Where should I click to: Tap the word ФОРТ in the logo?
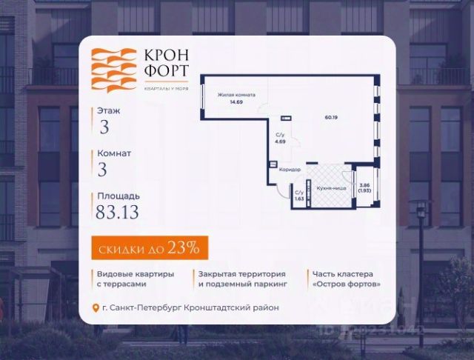[162, 73]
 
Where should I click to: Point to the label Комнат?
[114, 153]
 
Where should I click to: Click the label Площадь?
[117, 196]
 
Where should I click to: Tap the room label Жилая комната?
[236, 96]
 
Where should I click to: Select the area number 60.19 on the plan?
[330, 116]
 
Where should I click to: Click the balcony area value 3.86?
[364, 186]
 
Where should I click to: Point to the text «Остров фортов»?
[347, 284]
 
